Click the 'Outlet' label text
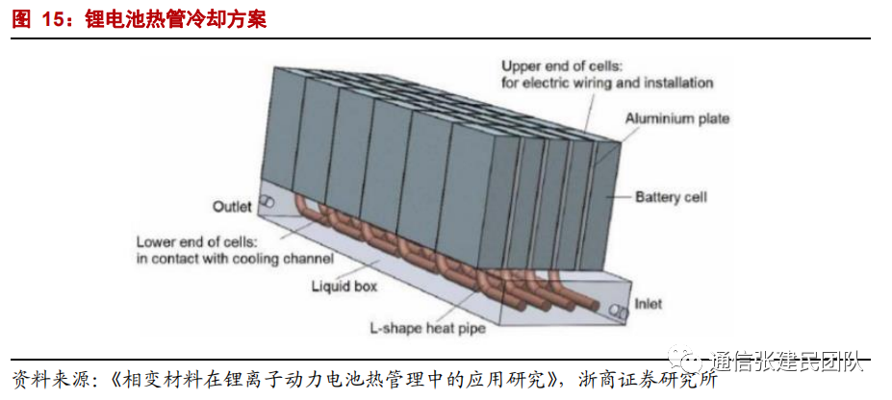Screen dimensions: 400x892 [x=232, y=207]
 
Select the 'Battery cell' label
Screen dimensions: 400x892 [x=671, y=198]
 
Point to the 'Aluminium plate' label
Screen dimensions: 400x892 [x=677, y=119]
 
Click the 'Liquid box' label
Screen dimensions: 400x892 [x=344, y=286]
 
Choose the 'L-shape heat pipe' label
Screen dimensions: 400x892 [x=428, y=328]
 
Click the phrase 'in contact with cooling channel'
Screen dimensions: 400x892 [x=235, y=259]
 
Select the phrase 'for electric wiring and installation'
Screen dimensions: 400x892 [x=606, y=83]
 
